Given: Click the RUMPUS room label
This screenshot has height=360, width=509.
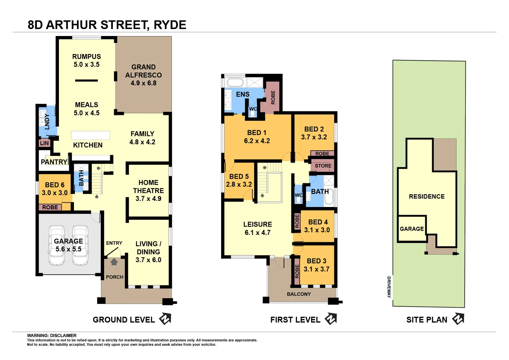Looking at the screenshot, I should point(86,57).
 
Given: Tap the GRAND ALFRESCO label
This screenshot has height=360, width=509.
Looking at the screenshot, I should point(144,71).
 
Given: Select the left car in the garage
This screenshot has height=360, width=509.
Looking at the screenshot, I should point(57,245).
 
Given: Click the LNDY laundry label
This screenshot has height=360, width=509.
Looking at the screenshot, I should point(47,121).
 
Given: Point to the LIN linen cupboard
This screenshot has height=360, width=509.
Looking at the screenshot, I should point(44,143).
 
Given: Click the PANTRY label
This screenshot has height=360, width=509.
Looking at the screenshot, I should point(54,162).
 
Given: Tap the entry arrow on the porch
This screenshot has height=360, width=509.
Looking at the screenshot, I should point(114,262).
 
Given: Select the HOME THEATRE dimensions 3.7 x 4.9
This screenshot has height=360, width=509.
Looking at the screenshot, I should point(148,199).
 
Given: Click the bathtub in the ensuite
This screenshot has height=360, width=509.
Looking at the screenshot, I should point(235,82).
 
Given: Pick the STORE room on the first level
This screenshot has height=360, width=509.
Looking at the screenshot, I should point(323,166).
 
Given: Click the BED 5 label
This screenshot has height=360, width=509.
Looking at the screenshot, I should point(239,176).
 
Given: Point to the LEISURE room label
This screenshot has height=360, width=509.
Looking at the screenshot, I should point(257,224).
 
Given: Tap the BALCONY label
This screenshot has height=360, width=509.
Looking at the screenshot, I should point(299,294).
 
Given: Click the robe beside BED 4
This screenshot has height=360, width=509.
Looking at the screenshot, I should point(297,221).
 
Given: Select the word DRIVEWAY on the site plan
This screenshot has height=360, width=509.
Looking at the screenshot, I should point(389,287).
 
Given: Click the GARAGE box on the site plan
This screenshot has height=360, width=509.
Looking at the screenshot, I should point(412,229).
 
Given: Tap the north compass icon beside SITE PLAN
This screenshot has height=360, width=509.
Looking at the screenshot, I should point(458,319).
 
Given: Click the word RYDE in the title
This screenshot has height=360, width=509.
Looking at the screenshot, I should point(170,25).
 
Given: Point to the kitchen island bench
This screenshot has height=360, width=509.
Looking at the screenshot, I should point(91,135).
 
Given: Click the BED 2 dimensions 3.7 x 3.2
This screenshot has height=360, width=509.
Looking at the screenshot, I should point(314,137).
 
